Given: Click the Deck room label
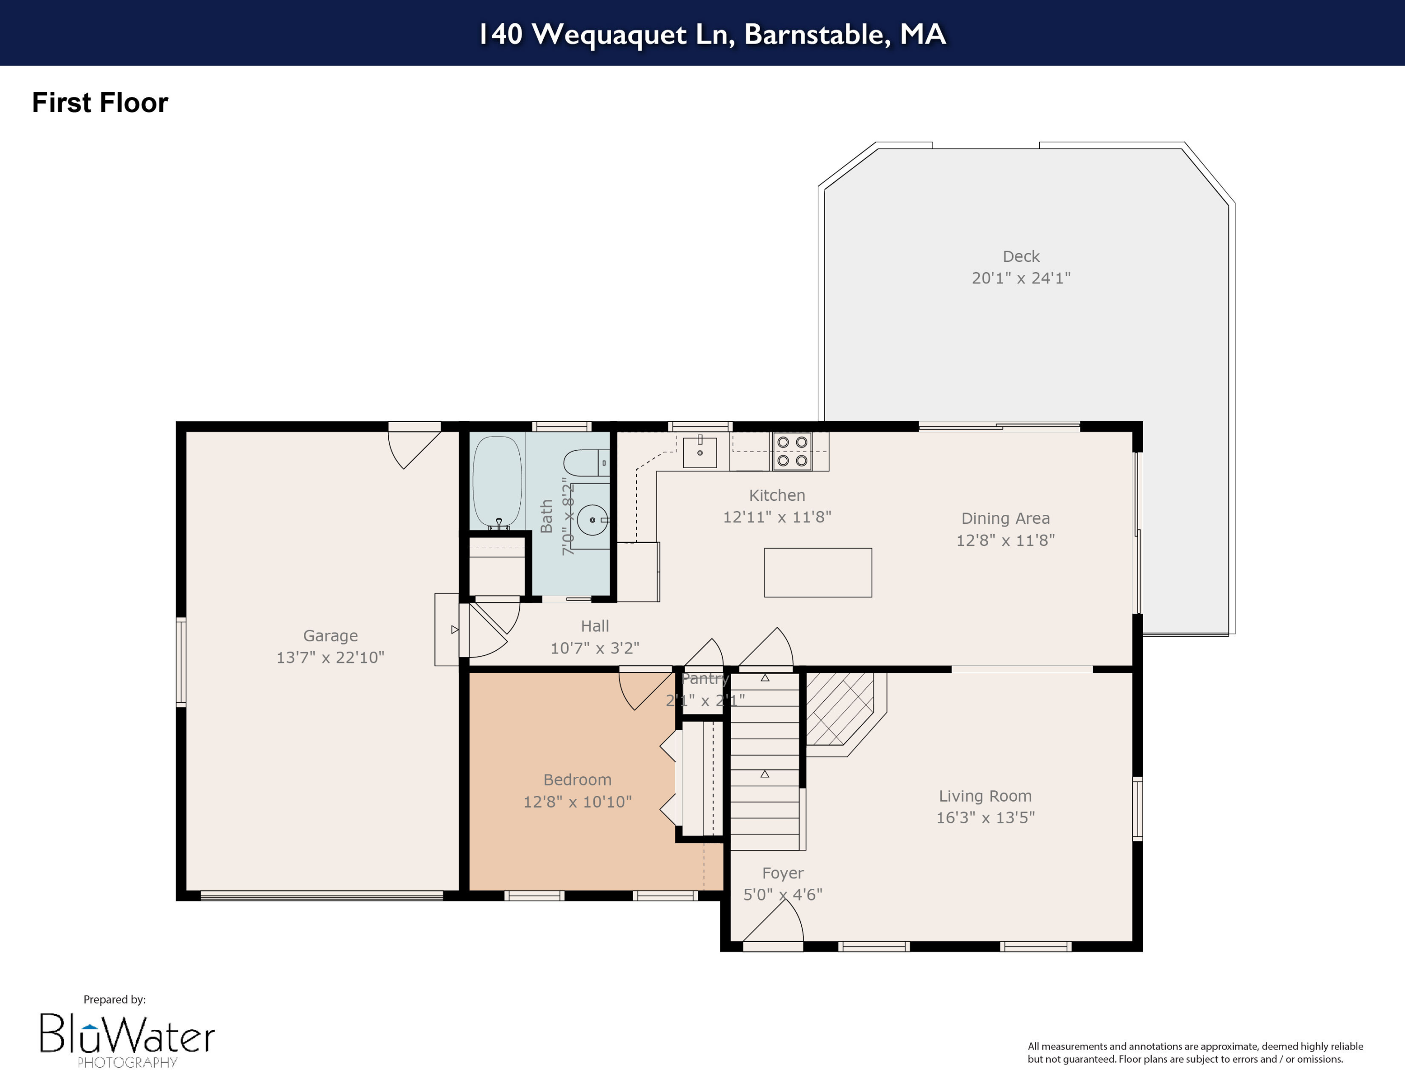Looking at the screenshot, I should [1020, 257].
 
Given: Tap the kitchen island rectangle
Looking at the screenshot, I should [818, 573].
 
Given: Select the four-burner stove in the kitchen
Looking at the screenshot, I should [792, 451].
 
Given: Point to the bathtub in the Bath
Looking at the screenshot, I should [497, 481].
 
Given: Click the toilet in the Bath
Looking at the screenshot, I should [585, 462].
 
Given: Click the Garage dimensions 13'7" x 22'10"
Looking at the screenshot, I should [330, 657].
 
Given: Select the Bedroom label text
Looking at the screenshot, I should [577, 780].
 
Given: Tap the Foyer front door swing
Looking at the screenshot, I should [775, 923].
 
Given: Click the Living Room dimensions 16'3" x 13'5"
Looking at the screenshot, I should [985, 817].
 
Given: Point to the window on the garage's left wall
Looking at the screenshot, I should [181, 662].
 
